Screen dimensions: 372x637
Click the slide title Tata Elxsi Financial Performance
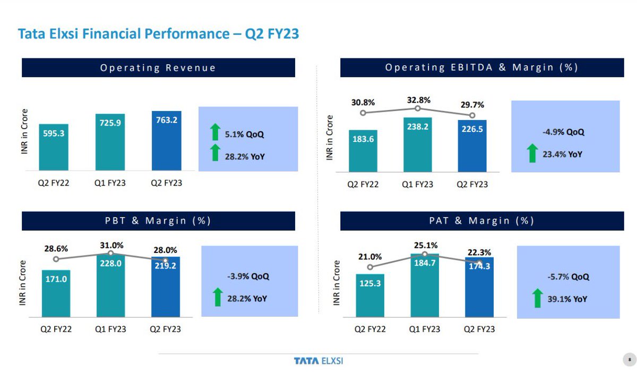point(158,35)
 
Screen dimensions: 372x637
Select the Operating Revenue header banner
point(158,67)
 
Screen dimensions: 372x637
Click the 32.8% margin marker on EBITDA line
point(418,108)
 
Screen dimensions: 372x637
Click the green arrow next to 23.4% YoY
point(531,154)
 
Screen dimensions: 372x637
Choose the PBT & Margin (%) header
point(158,221)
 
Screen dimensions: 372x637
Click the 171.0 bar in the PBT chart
point(56,292)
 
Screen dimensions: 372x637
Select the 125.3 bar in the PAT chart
point(370,295)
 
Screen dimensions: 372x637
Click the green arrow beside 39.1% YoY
point(537,299)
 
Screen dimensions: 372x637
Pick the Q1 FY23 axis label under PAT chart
point(424,329)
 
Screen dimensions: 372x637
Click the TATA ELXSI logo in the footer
point(318,361)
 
